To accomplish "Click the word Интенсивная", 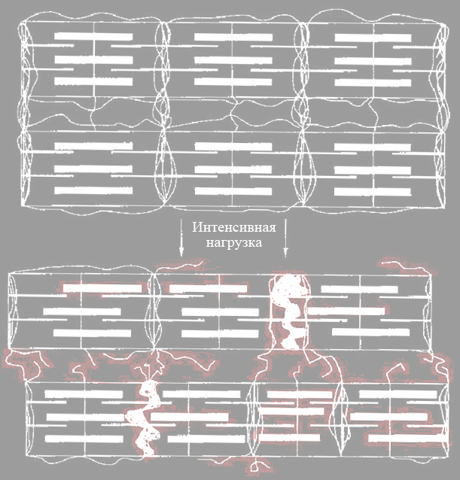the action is (234, 228).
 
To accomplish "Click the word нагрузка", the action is (234, 243).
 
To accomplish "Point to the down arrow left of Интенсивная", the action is (181, 238).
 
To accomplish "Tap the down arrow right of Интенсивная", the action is (286, 238).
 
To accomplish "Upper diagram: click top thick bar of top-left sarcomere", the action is (93, 37).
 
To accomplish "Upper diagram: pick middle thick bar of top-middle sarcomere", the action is (233, 60).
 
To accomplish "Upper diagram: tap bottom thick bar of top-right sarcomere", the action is (373, 83).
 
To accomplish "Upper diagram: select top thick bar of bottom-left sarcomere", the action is (93, 146).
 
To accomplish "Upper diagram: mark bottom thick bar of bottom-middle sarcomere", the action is (233, 191).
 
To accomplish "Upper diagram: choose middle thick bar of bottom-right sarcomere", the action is (373, 169).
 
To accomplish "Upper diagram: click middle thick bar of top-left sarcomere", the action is (93, 59).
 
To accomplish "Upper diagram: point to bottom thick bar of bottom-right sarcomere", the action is (373, 192).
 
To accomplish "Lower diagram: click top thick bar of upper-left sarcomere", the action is (102, 288).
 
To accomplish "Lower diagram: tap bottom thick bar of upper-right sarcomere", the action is (371, 332).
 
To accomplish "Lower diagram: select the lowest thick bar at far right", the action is (407, 438).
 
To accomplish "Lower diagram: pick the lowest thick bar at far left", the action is (84, 439).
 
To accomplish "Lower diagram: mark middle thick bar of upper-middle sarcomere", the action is (220, 312).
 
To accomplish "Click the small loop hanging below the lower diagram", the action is (254, 467).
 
